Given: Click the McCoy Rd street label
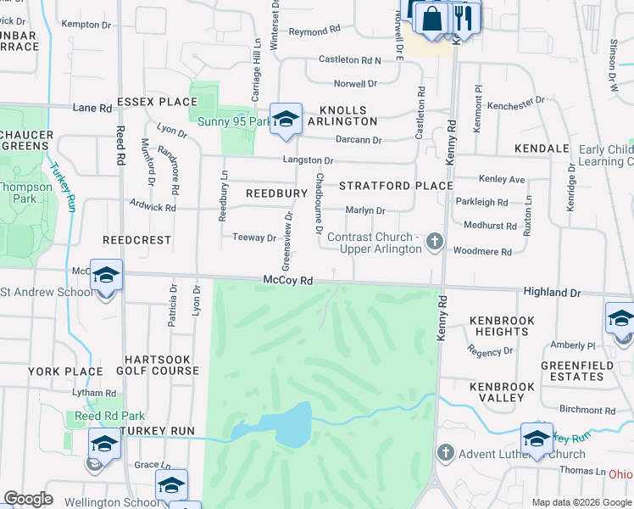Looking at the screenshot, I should pos(288,280).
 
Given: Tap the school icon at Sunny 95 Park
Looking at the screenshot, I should pos(286,119).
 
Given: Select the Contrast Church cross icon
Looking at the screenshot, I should pos(435,243).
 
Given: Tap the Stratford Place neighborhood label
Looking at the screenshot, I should pos(396,185).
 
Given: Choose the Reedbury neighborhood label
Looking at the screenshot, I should pos(275,193).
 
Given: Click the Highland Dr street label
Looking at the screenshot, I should pos(552,292).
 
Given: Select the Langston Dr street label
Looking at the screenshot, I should pos(308,160).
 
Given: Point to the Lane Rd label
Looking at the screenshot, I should pos(92,109).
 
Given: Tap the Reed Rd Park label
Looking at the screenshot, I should pos(109,416).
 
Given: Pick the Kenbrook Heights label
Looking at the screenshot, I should pos(503,326).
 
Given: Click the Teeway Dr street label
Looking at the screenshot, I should pos(254,238).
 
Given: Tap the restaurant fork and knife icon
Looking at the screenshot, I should pos(463,15).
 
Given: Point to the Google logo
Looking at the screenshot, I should pos(27,499).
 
